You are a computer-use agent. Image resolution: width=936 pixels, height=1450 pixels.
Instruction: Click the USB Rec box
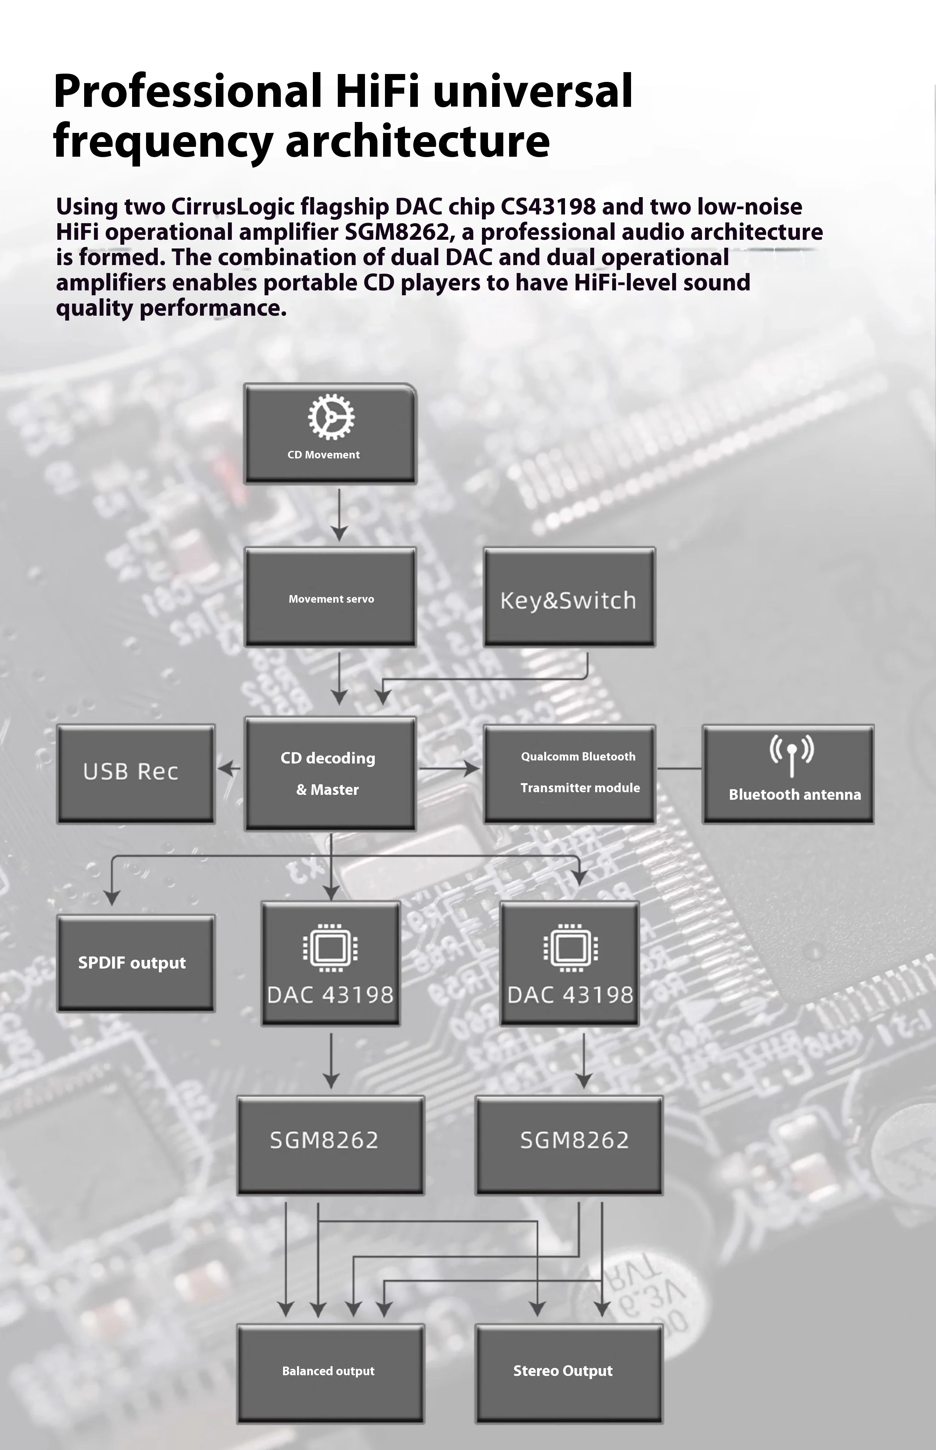tap(135, 774)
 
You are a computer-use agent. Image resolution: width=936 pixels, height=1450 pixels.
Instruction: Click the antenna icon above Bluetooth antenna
tap(791, 756)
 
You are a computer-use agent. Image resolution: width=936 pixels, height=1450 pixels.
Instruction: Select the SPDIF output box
tap(135, 963)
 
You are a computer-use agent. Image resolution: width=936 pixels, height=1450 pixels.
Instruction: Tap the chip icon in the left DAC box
tap(330, 947)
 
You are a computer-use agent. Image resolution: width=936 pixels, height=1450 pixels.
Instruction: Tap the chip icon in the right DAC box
tap(570, 947)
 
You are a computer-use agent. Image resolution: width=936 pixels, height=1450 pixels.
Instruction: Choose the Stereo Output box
tap(569, 1373)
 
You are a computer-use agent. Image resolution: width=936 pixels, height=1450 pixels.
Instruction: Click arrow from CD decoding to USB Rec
tap(229, 768)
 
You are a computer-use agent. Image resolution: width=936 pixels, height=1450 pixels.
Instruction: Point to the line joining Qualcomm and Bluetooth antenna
tap(679, 768)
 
